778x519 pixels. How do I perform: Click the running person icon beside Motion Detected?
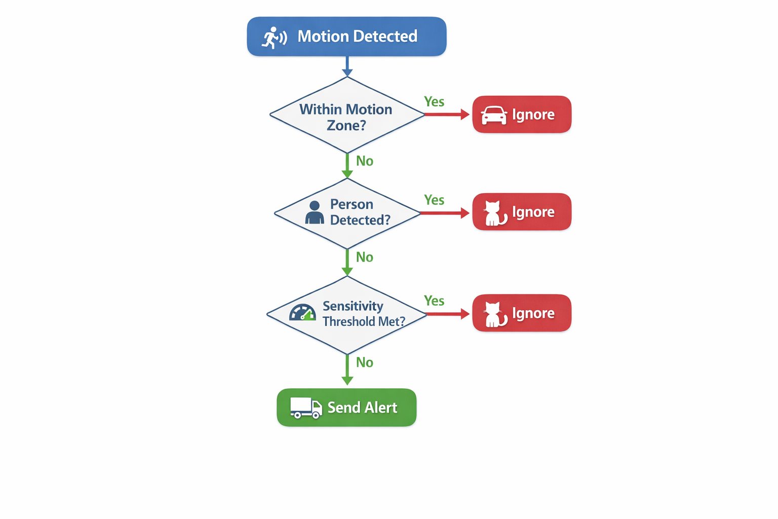coord(274,38)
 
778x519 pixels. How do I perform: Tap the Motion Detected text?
coord(357,36)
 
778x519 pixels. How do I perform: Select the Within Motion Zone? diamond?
coord(346,116)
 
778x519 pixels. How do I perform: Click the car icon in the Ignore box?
coord(494,115)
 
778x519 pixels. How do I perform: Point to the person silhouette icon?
coord(315,212)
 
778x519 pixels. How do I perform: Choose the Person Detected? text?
coord(360,212)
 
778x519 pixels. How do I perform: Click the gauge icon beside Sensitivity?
coord(302,313)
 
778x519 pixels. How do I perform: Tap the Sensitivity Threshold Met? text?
coord(364,314)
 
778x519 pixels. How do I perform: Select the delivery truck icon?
coord(306,407)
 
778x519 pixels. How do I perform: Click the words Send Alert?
coord(362,407)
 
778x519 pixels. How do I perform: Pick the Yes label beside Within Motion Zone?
coord(434,102)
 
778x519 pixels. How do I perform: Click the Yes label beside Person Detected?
coord(434,200)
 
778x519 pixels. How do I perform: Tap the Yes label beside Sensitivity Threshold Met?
coord(434,301)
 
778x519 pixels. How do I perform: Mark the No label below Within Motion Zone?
coord(365,161)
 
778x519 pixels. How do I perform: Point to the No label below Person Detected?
coord(365,257)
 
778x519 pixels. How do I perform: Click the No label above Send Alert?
coord(365,362)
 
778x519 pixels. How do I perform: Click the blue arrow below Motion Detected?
coord(347,66)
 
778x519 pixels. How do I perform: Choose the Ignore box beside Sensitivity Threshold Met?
coord(522,313)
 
